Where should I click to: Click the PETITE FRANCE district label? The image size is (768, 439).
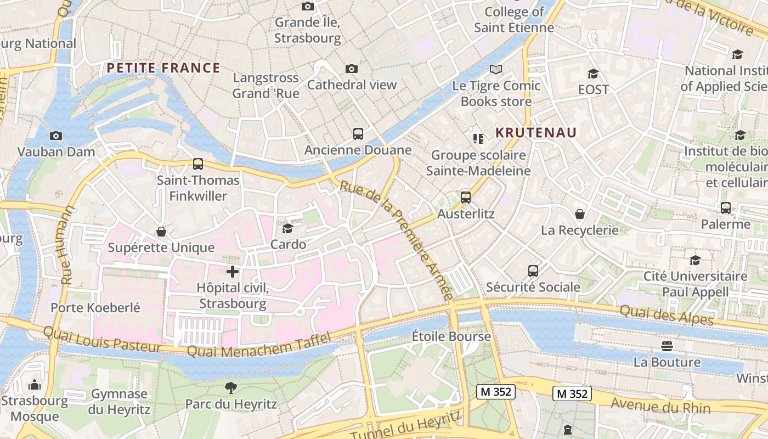(163, 68)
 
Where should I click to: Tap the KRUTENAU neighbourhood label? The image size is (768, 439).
(536, 133)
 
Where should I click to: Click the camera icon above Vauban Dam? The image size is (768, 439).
(55, 136)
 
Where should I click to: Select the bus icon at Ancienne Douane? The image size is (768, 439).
(358, 133)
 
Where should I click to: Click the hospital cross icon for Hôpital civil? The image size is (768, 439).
(233, 271)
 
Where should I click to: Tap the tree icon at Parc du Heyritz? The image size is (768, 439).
(231, 388)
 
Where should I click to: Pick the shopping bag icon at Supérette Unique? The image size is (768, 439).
(161, 232)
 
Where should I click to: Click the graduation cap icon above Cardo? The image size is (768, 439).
(287, 228)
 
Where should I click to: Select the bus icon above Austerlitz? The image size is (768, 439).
(465, 198)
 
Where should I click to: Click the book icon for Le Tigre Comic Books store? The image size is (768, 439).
(496, 70)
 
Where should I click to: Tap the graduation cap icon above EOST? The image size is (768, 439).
(593, 74)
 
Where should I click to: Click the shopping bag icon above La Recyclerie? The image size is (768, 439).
(579, 214)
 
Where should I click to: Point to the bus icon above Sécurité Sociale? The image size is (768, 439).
(533, 271)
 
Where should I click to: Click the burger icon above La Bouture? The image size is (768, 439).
(667, 346)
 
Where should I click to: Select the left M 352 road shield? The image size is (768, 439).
(495, 392)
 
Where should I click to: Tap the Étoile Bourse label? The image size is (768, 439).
(451, 336)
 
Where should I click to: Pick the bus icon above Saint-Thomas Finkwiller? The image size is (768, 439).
(198, 164)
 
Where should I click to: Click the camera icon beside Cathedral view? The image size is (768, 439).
(352, 69)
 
